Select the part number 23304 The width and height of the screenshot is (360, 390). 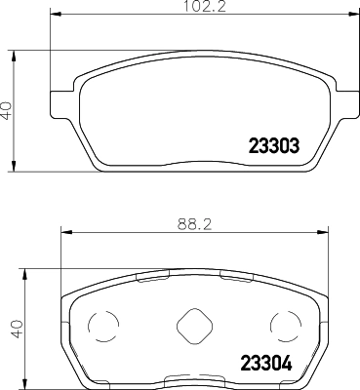[266, 363]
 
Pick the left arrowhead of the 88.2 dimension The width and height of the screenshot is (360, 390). [65, 232]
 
